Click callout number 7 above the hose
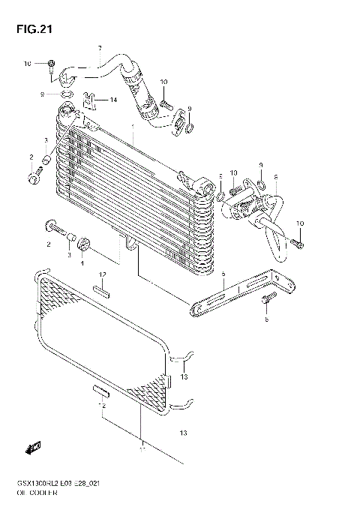[x=99, y=49]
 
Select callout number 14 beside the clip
[x=114, y=100]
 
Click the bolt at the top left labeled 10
[x=51, y=64]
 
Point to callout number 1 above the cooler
[x=133, y=127]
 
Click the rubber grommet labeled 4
[x=83, y=244]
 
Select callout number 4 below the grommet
[x=82, y=262]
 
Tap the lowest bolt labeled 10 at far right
[x=298, y=243]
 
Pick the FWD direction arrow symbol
[x=32, y=448]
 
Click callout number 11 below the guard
[x=140, y=451]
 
